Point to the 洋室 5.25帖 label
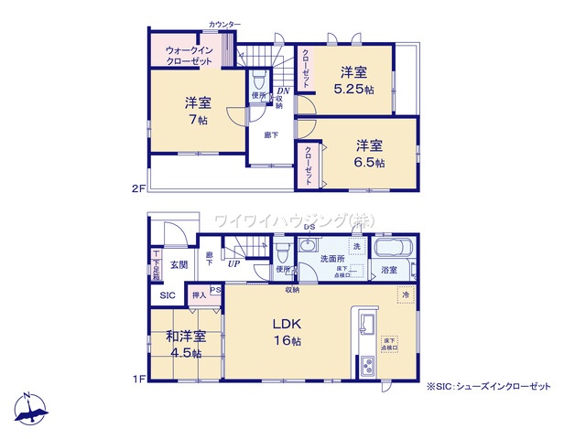tap(353, 80)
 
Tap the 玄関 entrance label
tap(178, 265)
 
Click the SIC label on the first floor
tap(168, 295)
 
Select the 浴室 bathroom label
tap(389, 271)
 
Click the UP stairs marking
tap(235, 265)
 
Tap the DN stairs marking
tap(284, 91)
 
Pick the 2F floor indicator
tap(138, 188)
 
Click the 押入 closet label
tap(199, 295)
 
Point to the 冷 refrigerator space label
tap(404, 295)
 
